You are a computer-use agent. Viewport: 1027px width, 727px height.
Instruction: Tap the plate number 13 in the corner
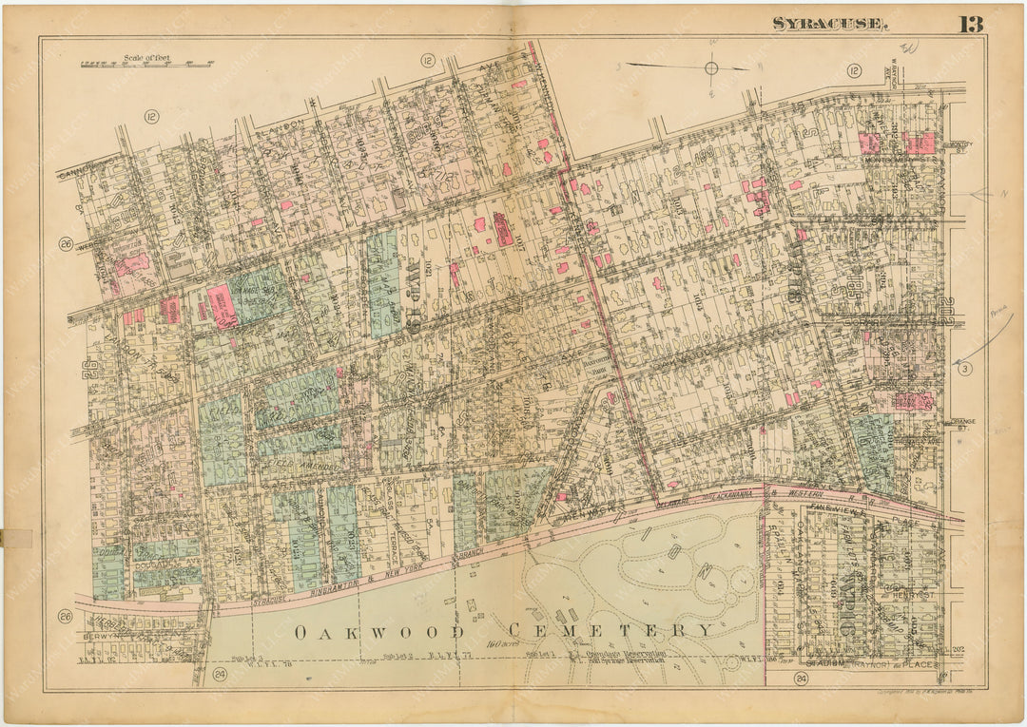pyautogui.click(x=969, y=24)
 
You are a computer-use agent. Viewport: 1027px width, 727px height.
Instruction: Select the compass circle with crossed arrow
pyautogui.click(x=710, y=67)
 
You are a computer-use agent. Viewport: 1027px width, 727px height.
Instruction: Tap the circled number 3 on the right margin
pyautogui.click(x=963, y=369)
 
